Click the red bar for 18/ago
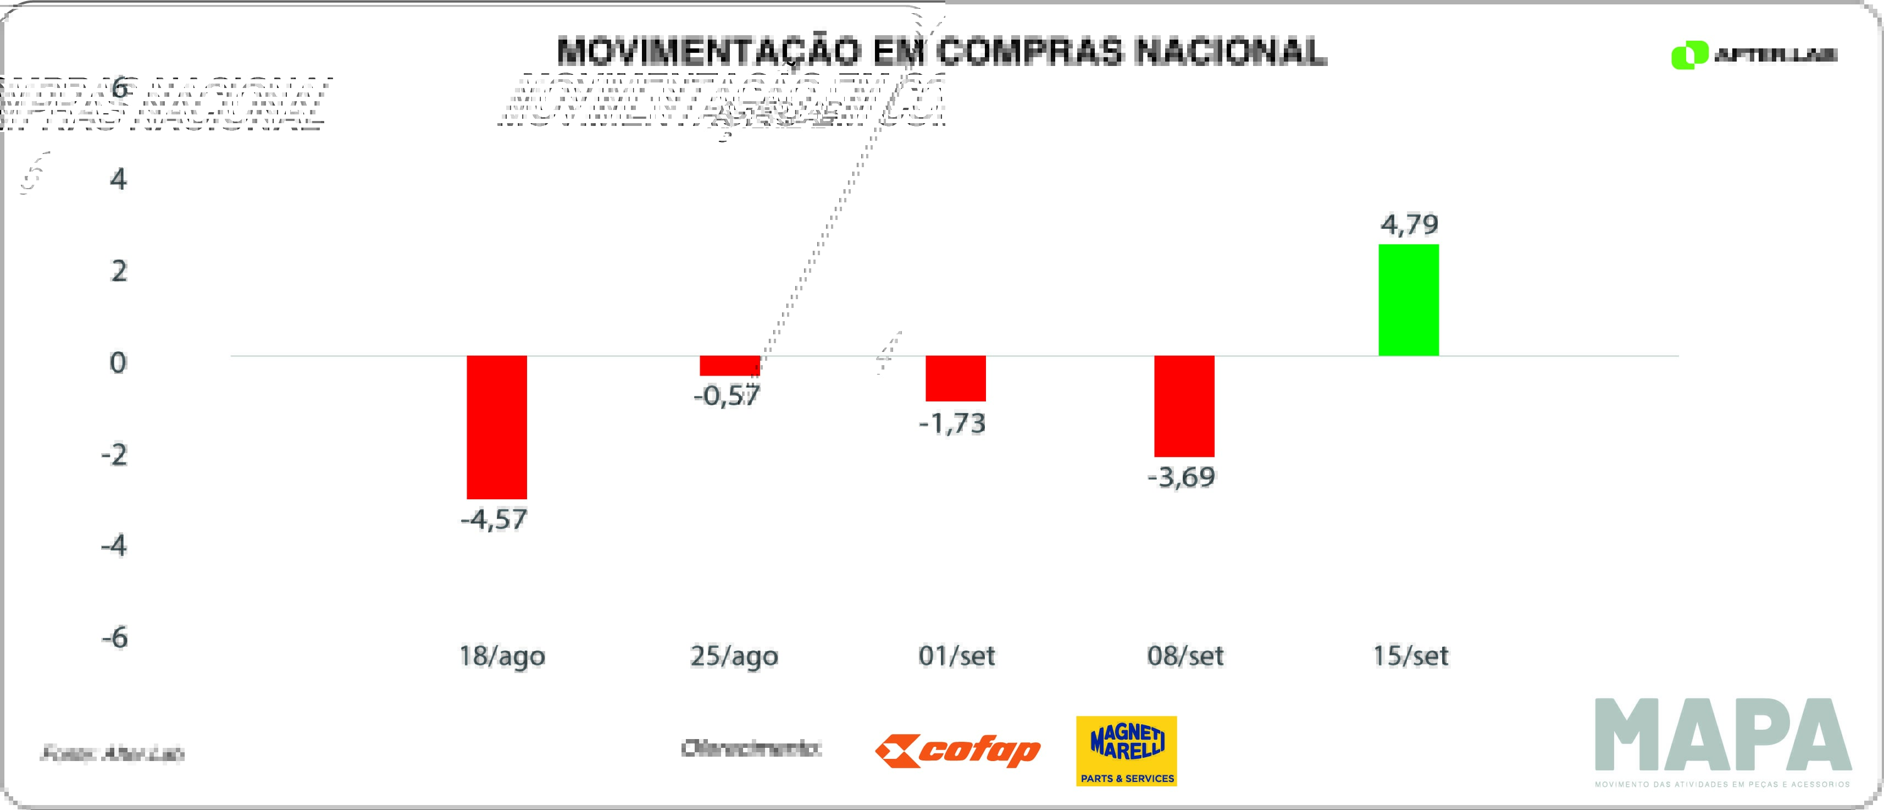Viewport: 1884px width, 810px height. [497, 427]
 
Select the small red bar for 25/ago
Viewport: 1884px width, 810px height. [729, 366]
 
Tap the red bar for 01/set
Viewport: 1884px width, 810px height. [955, 378]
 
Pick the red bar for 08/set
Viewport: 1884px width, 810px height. [1184, 406]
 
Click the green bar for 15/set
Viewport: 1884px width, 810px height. [1409, 300]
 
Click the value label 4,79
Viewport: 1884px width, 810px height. [1409, 224]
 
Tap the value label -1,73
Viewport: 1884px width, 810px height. [952, 423]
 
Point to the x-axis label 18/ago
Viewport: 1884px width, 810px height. [502, 655]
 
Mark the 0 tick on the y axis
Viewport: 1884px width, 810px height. [118, 363]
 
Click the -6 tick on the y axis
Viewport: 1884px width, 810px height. [115, 637]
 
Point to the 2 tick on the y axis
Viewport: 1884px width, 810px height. [119, 272]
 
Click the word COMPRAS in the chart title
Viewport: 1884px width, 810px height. [1028, 52]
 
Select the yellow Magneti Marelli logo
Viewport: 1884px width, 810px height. [1126, 751]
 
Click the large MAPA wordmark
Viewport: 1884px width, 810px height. [1723, 735]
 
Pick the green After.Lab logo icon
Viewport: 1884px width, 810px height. [1689, 56]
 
